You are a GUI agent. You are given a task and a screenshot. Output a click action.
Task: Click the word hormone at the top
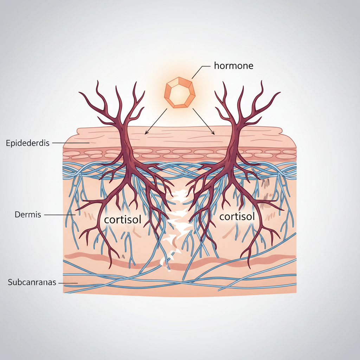pyautogui.click(x=233, y=66)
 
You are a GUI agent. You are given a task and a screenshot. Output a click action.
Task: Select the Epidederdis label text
pyautogui.click(x=27, y=143)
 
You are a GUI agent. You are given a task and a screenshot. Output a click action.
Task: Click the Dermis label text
pyautogui.click(x=28, y=215)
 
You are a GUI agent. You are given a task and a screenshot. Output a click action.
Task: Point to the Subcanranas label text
pyautogui.click(x=32, y=282)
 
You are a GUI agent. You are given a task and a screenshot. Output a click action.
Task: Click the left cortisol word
pyautogui.click(x=123, y=219)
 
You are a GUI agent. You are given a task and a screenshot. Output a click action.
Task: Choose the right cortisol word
pyautogui.click(x=237, y=217)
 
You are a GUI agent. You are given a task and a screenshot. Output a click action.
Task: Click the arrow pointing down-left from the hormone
pyautogui.click(x=156, y=121)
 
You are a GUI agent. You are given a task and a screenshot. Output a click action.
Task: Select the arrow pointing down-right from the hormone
pyautogui.click(x=204, y=121)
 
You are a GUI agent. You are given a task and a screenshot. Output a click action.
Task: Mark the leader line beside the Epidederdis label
pyautogui.click(x=71, y=143)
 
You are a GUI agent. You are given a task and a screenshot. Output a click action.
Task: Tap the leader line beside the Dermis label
pyautogui.click(x=60, y=215)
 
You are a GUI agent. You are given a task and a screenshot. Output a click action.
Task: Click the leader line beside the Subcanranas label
pyautogui.click(x=68, y=283)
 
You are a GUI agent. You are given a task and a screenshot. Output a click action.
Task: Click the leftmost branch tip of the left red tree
pyautogui.click(x=79, y=92)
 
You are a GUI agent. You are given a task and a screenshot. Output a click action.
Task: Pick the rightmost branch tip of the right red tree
pyautogui.click(x=280, y=92)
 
